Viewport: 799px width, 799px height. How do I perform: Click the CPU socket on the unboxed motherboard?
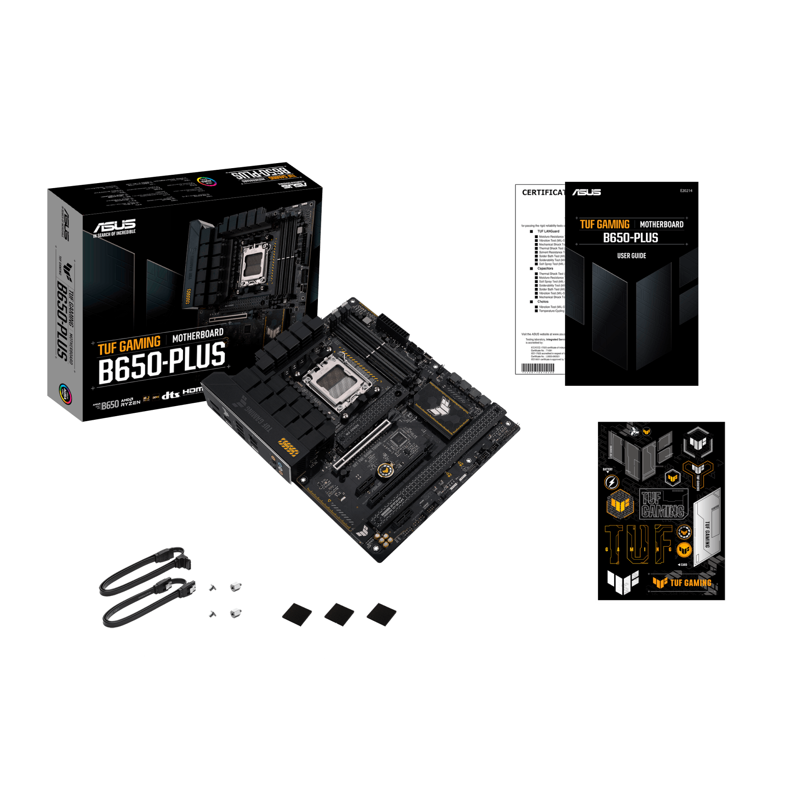[x=337, y=381]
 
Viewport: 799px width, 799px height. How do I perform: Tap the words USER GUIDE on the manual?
[x=631, y=256]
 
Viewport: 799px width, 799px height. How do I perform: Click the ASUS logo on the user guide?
[x=586, y=192]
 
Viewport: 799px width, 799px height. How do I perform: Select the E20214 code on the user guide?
[x=686, y=191]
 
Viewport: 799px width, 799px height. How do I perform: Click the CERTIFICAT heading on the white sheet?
[x=543, y=192]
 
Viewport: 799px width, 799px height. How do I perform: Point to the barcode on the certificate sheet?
[x=538, y=368]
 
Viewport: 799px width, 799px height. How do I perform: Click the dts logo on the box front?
[x=171, y=395]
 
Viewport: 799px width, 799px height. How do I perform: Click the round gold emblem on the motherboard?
[x=386, y=470]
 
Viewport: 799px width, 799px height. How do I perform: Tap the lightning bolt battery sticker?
[x=611, y=483]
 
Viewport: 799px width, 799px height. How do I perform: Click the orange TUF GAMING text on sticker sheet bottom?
[x=690, y=583]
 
